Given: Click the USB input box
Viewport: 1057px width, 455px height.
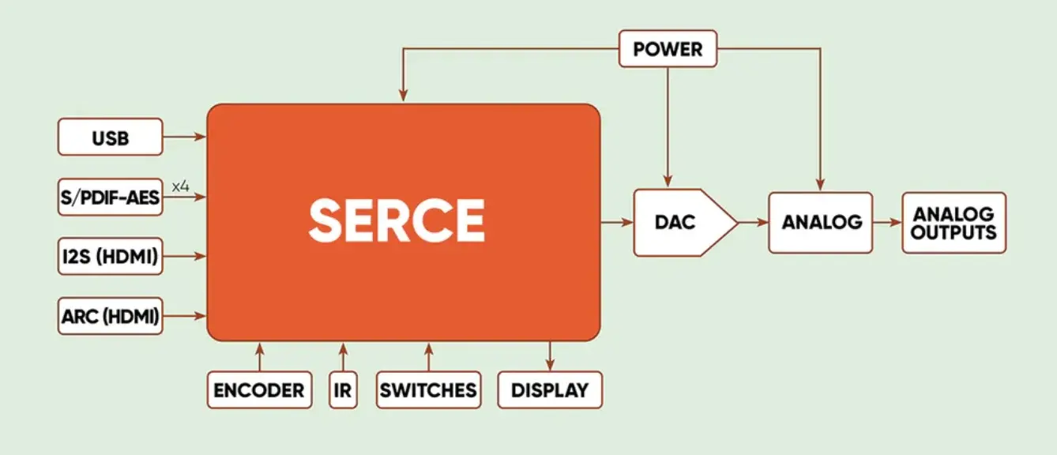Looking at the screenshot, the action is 111,137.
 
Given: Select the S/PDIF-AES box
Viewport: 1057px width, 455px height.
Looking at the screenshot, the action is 111,197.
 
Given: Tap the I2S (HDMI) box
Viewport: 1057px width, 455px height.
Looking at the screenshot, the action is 111,256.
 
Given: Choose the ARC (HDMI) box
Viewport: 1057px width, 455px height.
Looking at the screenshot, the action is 111,316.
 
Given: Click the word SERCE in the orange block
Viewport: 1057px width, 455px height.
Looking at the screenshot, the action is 397,220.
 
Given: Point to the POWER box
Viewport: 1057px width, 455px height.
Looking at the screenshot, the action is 668,49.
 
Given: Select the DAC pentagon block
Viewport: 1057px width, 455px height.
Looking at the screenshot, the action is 685,222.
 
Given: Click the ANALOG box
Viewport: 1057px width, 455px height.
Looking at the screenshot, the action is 821,222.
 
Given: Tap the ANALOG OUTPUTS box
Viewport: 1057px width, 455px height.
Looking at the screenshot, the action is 954,222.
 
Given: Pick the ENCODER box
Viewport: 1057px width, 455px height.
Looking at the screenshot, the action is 260,390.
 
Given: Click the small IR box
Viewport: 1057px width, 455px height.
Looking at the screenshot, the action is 343,390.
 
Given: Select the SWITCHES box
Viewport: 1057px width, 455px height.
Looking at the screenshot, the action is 428,390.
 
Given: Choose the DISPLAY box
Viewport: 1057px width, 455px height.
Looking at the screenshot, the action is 550,390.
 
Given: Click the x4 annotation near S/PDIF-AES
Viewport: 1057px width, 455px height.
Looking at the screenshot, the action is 180,186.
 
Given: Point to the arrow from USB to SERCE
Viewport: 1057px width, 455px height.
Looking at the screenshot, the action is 185,137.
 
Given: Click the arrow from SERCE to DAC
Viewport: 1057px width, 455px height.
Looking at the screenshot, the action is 617,222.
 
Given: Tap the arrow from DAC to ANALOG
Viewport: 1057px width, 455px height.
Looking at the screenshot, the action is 754,222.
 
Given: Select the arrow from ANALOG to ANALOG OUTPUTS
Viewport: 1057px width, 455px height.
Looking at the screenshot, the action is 888,222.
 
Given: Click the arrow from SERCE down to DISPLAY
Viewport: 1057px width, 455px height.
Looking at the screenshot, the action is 550,356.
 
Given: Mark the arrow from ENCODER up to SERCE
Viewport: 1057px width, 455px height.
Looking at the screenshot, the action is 260,357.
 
